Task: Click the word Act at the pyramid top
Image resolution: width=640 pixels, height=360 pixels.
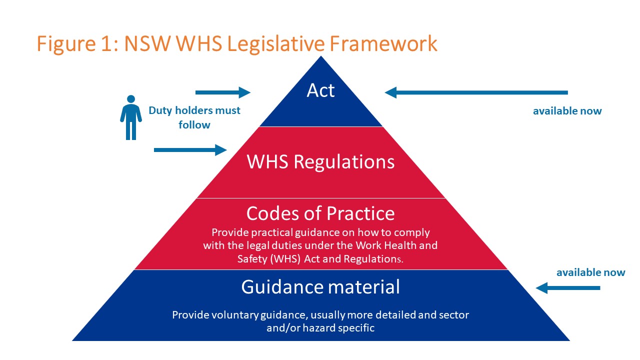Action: tap(320, 90)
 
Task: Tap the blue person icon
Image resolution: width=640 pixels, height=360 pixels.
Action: tap(131, 117)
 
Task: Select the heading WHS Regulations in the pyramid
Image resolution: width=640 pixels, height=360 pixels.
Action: tap(320, 161)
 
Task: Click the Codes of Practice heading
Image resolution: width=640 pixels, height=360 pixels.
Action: tap(320, 213)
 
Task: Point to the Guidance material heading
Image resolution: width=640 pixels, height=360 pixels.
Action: tap(320, 287)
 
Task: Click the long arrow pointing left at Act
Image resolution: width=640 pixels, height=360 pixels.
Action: tap(476, 92)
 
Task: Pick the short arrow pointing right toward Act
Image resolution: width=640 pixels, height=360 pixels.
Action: tap(223, 92)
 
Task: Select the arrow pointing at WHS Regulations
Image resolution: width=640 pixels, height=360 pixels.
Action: tap(190, 150)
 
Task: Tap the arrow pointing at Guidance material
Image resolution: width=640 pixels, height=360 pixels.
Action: tap(568, 288)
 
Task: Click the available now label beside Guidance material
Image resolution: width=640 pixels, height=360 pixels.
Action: tap(591, 272)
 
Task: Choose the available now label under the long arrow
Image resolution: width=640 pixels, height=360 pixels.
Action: tap(567, 111)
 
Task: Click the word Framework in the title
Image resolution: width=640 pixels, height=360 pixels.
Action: tap(383, 43)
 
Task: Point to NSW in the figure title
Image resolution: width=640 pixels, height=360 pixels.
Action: tap(147, 43)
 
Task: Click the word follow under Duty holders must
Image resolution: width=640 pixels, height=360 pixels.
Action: tap(194, 125)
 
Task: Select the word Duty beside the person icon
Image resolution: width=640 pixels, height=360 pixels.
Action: tap(160, 111)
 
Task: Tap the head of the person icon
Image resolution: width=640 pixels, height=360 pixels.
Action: tap(131, 99)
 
